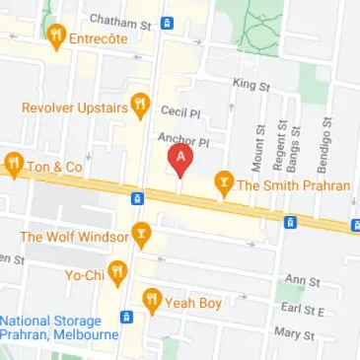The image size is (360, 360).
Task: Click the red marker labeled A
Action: (180, 159)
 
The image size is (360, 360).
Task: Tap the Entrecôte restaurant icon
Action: (56, 36)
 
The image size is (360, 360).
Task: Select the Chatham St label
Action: (119, 20)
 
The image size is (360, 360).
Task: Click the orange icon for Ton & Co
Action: (14, 165)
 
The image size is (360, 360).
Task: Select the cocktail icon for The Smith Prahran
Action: (224, 182)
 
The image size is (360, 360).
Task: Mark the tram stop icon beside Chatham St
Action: (167, 21)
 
